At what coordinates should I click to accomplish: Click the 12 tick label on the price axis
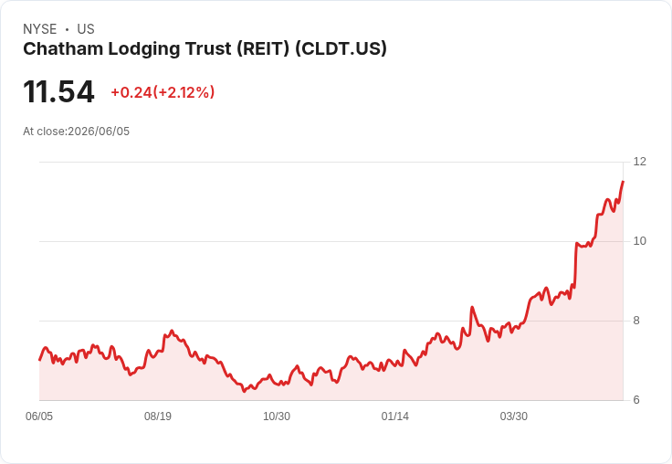[639, 162]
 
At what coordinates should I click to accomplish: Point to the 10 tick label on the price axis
[639, 241]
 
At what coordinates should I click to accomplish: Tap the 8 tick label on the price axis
[636, 321]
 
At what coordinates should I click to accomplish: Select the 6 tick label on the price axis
[636, 400]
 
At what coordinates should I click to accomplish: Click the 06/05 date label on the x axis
[39, 416]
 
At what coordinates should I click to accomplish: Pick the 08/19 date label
[158, 416]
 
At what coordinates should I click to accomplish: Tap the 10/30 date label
[277, 416]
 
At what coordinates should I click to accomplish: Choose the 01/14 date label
[394, 416]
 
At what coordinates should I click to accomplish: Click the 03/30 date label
[513, 416]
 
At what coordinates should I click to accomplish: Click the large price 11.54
[58, 91]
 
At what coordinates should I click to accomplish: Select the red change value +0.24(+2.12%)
[163, 92]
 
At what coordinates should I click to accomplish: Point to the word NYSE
[40, 29]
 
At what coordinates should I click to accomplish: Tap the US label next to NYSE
[86, 29]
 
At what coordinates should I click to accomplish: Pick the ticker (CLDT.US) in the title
[341, 49]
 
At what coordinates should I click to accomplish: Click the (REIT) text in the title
[264, 49]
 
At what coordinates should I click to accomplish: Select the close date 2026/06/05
[99, 132]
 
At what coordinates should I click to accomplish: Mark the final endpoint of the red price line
[623, 182]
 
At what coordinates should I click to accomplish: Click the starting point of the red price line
[39, 360]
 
